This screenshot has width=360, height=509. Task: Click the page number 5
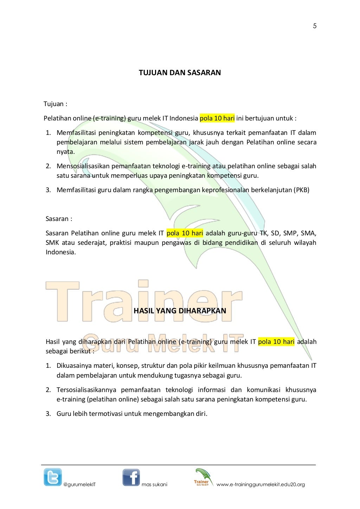coord(315,26)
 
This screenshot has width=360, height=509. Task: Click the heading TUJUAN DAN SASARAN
coord(180,73)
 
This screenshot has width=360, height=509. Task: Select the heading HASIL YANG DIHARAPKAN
coord(180,311)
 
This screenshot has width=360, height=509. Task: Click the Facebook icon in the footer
coord(131,477)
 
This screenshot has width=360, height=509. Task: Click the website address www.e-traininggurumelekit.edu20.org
coord(261,484)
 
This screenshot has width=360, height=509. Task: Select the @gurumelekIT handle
coord(79,484)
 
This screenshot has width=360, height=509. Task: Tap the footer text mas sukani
coord(154,484)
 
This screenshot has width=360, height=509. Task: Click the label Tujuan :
coord(55,104)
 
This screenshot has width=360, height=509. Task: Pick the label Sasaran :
coord(59,219)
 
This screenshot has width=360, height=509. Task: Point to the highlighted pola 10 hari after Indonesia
coord(217,118)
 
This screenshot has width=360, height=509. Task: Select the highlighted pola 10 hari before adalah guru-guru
coord(185,233)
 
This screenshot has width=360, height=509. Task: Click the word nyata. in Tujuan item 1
coord(66,152)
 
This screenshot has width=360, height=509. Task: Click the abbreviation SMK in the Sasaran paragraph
coord(52,243)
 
